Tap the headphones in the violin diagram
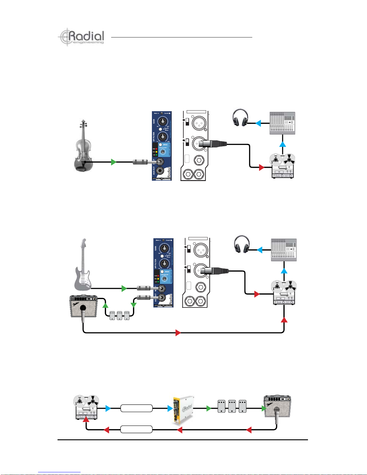(241, 118)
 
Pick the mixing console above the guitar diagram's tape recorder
(284, 250)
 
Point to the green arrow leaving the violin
(114, 162)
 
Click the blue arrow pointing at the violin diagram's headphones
(258, 123)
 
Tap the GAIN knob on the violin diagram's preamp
(162, 121)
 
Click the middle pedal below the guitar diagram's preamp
(120, 315)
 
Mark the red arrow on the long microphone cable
(178, 333)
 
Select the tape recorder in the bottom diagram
(86, 407)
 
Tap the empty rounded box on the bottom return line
(136, 429)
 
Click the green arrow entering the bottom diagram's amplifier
(264, 408)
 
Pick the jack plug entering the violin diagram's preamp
(143, 162)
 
